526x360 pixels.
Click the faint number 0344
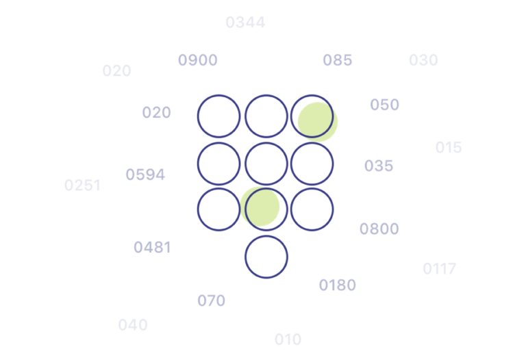(x=246, y=23)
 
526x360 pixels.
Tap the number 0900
(x=198, y=60)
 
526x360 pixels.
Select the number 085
(x=338, y=60)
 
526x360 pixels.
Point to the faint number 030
(x=423, y=60)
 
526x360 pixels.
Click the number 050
(x=385, y=105)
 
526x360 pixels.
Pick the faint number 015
(x=449, y=147)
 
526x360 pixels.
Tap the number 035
(x=379, y=166)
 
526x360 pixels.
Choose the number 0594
(x=145, y=175)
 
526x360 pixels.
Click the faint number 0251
(x=82, y=185)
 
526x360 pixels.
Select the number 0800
(x=379, y=229)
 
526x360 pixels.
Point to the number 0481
(x=152, y=247)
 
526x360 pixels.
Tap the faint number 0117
(x=440, y=268)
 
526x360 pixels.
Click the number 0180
(x=338, y=285)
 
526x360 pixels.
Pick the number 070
(x=212, y=300)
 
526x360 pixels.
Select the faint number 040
(x=133, y=325)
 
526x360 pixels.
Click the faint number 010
(x=288, y=339)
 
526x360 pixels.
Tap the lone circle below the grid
(x=266, y=236)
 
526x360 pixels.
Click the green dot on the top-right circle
(x=318, y=122)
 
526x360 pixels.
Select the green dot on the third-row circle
(x=260, y=207)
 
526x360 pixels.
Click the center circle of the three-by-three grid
(x=266, y=143)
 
